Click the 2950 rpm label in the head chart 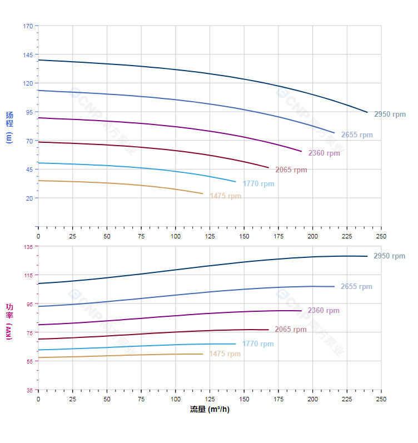[x=390, y=115]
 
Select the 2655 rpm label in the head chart [x=357, y=135]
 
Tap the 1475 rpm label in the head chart [x=225, y=196]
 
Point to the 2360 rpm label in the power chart [x=324, y=311]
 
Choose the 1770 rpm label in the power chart [x=258, y=344]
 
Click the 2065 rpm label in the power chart [x=291, y=330]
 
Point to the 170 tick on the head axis [x=28, y=26]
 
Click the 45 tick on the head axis [x=29, y=170]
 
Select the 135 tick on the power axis [x=28, y=247]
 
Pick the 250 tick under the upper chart [x=381, y=236]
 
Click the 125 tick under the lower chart [x=210, y=399]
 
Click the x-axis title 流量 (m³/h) [x=210, y=410]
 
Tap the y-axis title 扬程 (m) [x=9, y=127]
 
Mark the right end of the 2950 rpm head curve [x=367, y=112]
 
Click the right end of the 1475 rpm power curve [x=203, y=354]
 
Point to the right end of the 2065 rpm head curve [x=268, y=168]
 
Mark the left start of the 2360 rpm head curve [x=38, y=118]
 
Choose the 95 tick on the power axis [x=29, y=304]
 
